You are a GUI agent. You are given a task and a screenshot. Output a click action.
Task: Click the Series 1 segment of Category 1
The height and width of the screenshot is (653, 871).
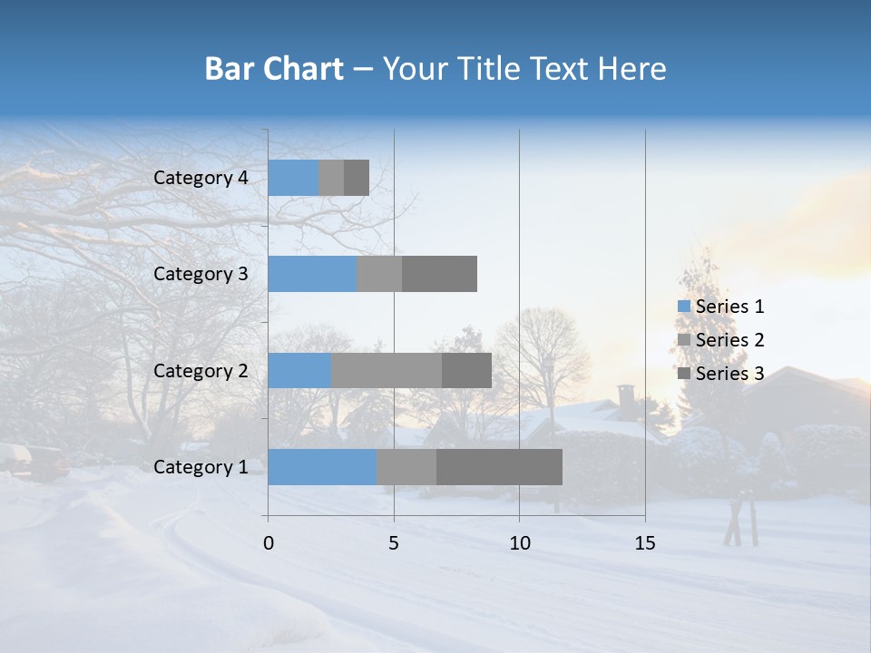click(322, 467)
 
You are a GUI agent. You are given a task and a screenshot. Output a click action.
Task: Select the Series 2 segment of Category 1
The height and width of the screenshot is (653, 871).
click(406, 467)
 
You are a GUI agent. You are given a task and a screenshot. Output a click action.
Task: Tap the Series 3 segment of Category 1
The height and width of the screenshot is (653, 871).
click(499, 467)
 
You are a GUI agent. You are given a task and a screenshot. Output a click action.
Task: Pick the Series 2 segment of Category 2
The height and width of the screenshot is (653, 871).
click(387, 370)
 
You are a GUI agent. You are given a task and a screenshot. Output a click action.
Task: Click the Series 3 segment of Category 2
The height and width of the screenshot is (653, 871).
click(466, 370)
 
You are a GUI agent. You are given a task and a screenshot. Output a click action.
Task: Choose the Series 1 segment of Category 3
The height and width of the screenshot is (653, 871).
click(312, 274)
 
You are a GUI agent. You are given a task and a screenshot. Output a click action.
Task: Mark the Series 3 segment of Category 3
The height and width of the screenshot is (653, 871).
click(439, 274)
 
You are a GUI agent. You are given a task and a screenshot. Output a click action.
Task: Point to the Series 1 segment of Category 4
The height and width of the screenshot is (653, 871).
click(293, 178)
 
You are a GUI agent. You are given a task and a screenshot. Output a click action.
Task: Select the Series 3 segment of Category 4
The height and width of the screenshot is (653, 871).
click(357, 178)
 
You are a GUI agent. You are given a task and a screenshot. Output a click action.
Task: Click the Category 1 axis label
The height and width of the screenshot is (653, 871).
click(201, 467)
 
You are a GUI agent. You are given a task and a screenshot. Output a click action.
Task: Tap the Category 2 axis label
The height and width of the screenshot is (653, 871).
click(201, 370)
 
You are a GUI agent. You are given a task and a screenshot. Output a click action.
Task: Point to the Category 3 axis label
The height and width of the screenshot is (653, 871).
click(201, 274)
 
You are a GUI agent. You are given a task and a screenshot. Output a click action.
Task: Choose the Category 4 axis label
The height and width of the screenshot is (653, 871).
click(201, 178)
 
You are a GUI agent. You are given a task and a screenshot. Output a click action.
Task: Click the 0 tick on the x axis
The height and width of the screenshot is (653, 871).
click(269, 543)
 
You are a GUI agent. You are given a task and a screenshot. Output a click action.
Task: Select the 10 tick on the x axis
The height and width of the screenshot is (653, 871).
click(519, 543)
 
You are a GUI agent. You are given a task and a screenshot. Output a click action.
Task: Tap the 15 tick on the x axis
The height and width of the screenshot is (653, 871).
click(645, 543)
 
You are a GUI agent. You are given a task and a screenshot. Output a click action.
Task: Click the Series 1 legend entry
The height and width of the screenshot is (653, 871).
click(721, 307)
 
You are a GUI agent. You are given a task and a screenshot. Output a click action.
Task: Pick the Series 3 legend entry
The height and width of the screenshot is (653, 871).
click(721, 374)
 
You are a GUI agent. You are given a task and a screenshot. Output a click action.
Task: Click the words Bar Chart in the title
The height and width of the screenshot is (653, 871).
click(274, 69)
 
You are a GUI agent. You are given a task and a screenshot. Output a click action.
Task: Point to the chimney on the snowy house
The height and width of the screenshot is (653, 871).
click(626, 396)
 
